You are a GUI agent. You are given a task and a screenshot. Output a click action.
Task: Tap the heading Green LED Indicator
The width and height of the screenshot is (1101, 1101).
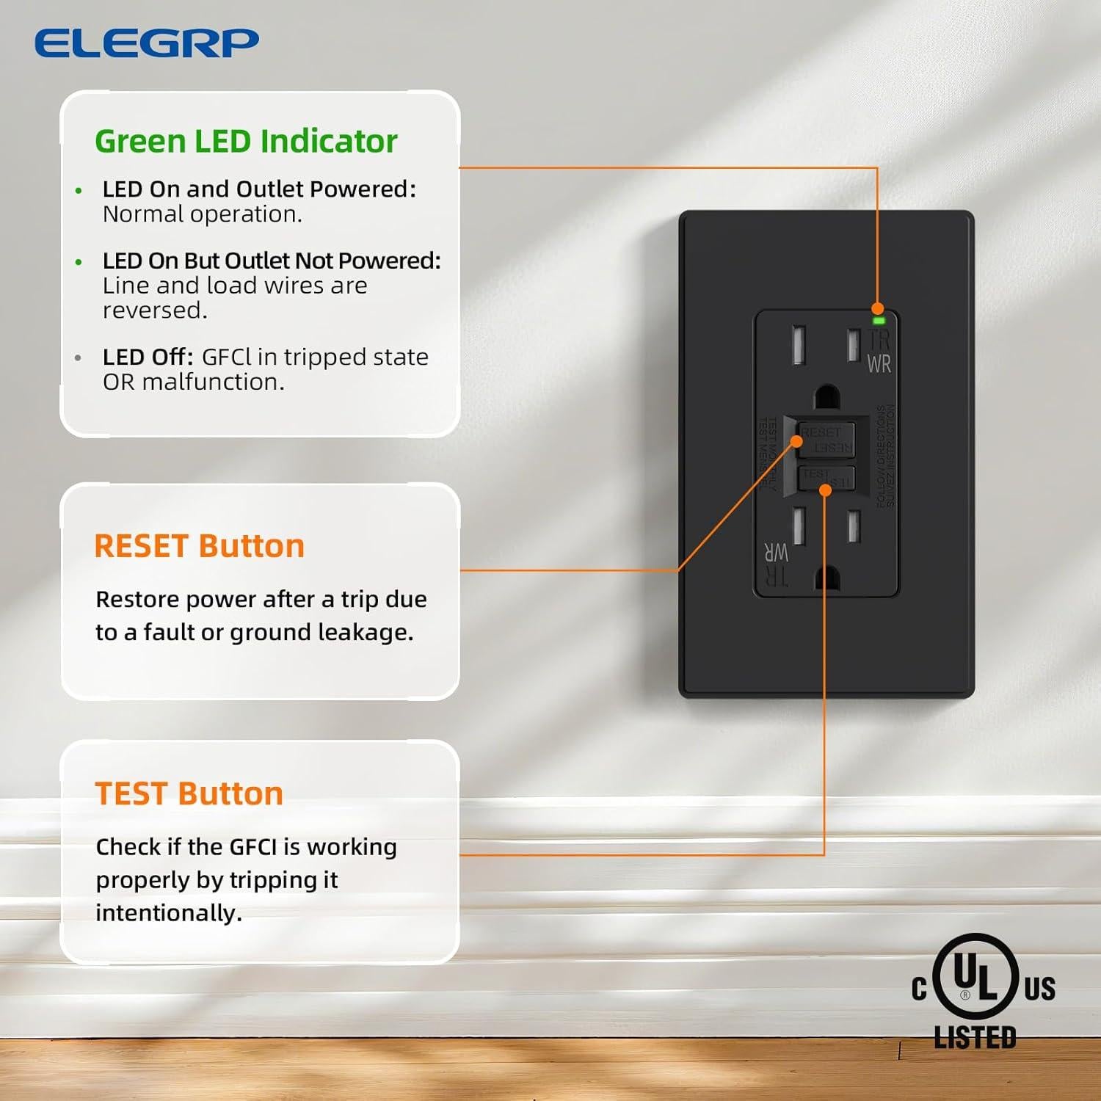[x=246, y=141]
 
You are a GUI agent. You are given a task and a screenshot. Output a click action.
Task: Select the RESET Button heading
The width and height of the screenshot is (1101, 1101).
[x=199, y=546]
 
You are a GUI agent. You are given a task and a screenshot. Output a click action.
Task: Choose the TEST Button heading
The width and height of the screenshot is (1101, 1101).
[x=189, y=793]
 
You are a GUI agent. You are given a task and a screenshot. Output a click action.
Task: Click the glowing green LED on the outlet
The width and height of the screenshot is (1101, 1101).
[x=879, y=321]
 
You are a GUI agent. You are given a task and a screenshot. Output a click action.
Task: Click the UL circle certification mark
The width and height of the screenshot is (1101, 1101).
[x=975, y=977]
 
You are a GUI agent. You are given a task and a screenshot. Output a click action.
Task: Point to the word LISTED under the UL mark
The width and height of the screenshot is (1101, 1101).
[x=975, y=1037]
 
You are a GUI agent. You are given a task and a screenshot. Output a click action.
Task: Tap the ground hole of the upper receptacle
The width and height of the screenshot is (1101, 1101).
[x=827, y=397]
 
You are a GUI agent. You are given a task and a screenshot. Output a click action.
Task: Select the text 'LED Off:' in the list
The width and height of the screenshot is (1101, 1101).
[x=148, y=357]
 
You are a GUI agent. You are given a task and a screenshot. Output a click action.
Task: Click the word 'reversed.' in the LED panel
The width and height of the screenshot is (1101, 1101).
[x=155, y=310]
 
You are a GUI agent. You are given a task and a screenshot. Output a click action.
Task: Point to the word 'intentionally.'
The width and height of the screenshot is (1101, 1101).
[x=169, y=913]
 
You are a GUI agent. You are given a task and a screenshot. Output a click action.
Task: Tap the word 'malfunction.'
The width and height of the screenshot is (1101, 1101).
[x=213, y=382]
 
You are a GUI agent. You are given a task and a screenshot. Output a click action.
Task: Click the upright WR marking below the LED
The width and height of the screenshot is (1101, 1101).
[x=879, y=364]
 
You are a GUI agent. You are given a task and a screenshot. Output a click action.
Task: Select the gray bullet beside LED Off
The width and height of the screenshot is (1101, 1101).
[x=79, y=358]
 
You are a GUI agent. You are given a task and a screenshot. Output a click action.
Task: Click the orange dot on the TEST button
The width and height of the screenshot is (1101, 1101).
[x=825, y=490]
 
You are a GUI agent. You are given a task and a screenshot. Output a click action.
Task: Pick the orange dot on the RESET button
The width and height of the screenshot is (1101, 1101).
[x=796, y=441]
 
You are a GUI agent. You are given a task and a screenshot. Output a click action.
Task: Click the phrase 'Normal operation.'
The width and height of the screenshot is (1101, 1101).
[x=203, y=214]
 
